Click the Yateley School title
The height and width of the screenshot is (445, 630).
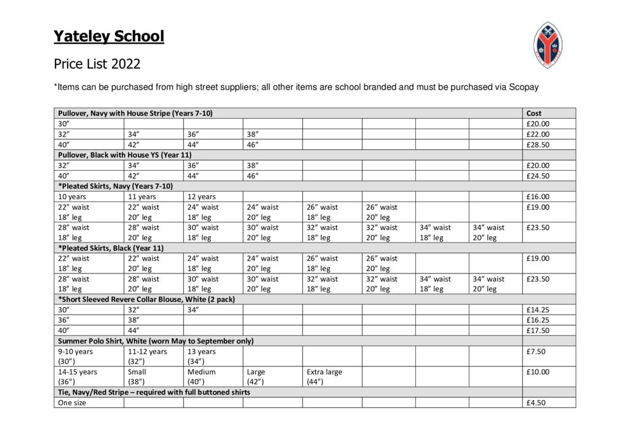[109, 37]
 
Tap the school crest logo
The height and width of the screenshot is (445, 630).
[547, 44]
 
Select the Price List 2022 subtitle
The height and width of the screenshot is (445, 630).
[97, 64]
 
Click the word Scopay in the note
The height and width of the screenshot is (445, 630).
[524, 87]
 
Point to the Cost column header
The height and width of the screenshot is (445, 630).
[534, 113]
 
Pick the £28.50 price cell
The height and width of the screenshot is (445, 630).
[538, 144]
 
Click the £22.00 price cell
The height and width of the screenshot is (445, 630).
[538, 134]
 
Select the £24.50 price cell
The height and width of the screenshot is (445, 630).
[538, 176]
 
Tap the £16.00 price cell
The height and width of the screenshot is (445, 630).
[538, 197]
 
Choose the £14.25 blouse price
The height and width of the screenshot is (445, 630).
[538, 310]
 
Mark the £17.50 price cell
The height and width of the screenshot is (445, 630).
[538, 331]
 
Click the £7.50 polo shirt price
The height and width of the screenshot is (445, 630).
[536, 352]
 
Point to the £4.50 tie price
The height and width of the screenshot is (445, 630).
[536, 403]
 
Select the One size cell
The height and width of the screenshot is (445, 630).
[72, 403]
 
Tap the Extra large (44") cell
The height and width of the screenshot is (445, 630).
[324, 377]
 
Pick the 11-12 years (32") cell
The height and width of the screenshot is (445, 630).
[147, 356]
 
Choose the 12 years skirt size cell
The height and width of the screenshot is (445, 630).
[202, 197]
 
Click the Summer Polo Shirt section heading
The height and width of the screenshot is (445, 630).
[156, 341]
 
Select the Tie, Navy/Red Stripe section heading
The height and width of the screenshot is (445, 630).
[154, 392]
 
